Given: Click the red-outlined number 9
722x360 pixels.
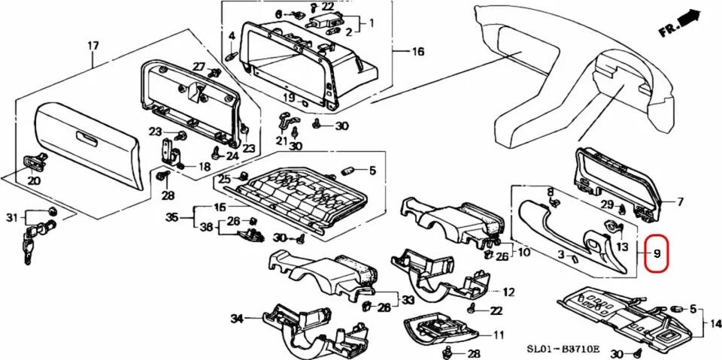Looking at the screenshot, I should coord(657,254).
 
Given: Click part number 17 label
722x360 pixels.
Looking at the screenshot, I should coord(93,47).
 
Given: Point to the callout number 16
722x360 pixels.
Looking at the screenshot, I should coord(418,52).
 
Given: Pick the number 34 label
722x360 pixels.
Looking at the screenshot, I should coord(237,319).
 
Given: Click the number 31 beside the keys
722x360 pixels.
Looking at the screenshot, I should coord(11,218).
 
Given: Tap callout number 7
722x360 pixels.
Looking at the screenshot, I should coord(680,201).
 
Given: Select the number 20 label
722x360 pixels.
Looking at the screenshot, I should coord(34,180).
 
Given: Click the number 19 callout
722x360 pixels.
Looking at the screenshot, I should coord(289,98).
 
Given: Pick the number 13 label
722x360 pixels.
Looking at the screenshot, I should coord(622,247).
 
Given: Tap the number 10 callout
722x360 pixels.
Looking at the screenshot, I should coord(523,251).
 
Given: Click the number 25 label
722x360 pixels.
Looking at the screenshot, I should coord(223,179).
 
